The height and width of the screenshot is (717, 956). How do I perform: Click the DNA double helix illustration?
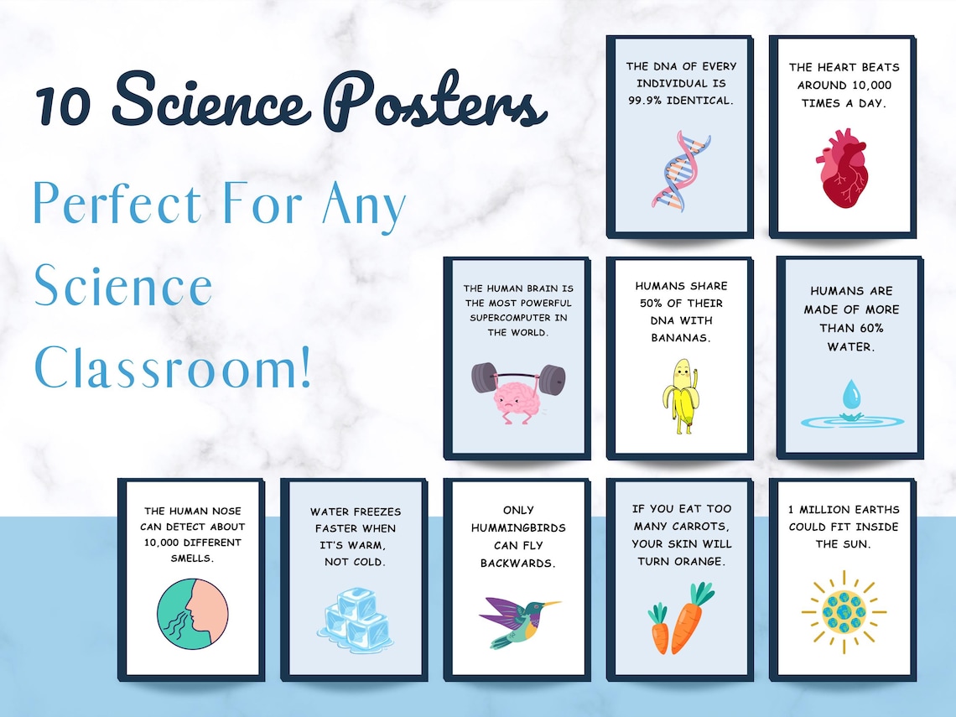click(680, 170)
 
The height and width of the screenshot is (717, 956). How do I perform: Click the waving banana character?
click(681, 396)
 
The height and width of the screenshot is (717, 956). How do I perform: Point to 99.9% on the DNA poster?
click(647, 101)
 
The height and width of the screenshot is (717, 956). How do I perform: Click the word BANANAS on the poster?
click(680, 338)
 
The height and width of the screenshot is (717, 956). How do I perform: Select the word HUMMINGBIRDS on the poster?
click(517, 527)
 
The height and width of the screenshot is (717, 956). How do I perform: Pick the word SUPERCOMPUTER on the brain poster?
click(517, 317)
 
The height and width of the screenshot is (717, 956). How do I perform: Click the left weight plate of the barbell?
click(483, 377)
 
